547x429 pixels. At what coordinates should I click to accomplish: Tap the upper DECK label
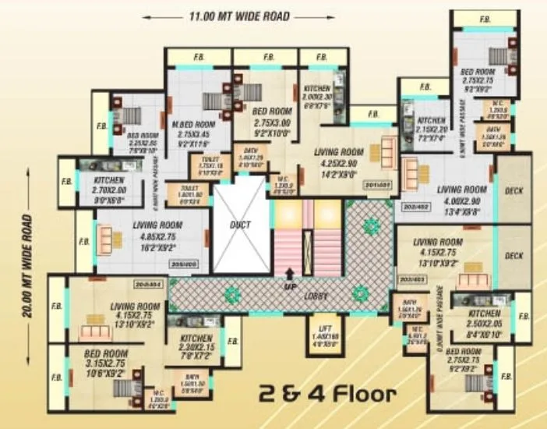point(513,190)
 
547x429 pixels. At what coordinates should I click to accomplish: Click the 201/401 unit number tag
point(378,185)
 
